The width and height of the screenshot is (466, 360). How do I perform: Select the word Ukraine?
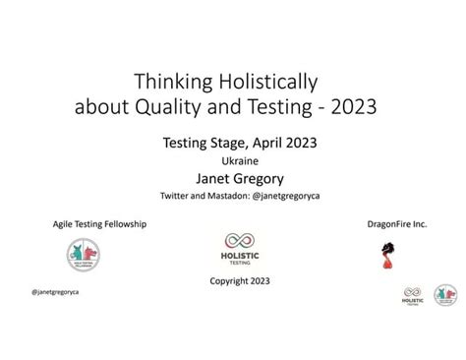pos(233,160)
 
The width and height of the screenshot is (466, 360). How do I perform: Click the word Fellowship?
pos(124,223)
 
